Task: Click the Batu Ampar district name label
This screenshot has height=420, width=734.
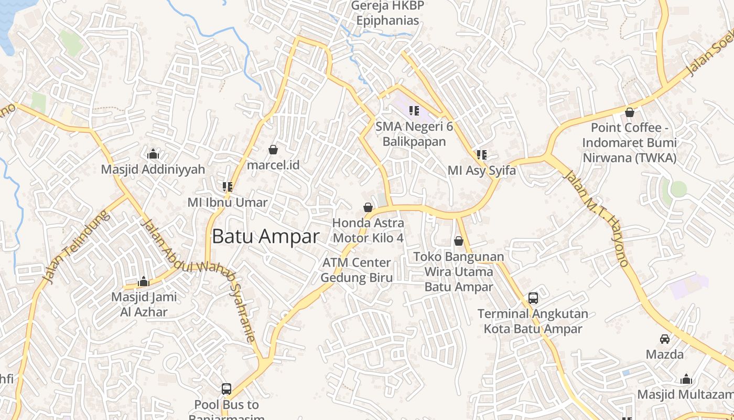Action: point(265,236)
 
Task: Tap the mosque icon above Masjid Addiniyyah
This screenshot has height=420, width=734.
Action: point(153,154)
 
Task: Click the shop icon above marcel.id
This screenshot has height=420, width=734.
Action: point(273,150)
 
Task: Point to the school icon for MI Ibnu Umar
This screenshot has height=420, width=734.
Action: point(228,186)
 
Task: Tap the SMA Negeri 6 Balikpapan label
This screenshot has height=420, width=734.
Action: point(414,134)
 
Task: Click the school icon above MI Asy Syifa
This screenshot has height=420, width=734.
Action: point(482,155)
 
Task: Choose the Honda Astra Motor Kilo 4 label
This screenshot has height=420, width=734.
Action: point(368,230)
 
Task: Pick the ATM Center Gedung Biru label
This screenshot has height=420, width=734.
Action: point(357,270)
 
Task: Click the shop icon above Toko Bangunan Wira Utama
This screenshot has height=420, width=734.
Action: point(459,241)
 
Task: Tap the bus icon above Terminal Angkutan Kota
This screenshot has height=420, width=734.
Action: point(533,298)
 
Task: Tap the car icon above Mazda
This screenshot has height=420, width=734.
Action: point(665,339)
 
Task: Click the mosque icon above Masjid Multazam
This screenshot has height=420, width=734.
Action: point(686,379)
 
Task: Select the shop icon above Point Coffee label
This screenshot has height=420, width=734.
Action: point(630,112)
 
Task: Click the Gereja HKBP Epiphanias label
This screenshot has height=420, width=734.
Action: point(387,13)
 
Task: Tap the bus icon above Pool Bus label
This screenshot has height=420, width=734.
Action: point(226,389)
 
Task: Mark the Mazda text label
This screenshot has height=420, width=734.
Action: point(665,354)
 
